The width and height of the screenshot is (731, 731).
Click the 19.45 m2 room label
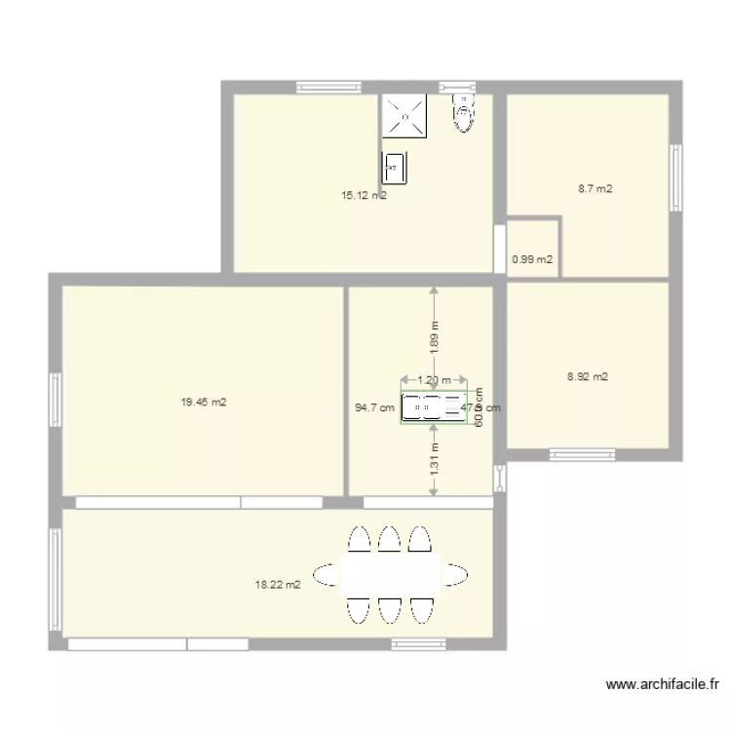204,402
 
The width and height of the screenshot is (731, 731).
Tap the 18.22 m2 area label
278,585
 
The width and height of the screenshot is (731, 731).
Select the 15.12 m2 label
364,195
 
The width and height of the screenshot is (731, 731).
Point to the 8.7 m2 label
595,189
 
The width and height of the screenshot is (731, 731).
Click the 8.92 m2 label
588,376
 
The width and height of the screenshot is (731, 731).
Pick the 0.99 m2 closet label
532,259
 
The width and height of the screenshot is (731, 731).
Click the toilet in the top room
464,113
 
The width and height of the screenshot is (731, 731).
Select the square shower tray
404,116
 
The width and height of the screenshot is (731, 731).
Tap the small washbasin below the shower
394,167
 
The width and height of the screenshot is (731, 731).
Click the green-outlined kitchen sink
434,407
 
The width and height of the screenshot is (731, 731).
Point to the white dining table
390,574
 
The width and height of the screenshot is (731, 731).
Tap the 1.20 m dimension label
434,381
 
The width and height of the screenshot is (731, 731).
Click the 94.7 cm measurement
374,408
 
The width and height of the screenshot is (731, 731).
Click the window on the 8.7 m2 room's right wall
673,176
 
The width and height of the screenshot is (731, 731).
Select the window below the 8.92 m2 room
582,453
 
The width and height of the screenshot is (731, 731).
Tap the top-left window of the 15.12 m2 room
328,88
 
